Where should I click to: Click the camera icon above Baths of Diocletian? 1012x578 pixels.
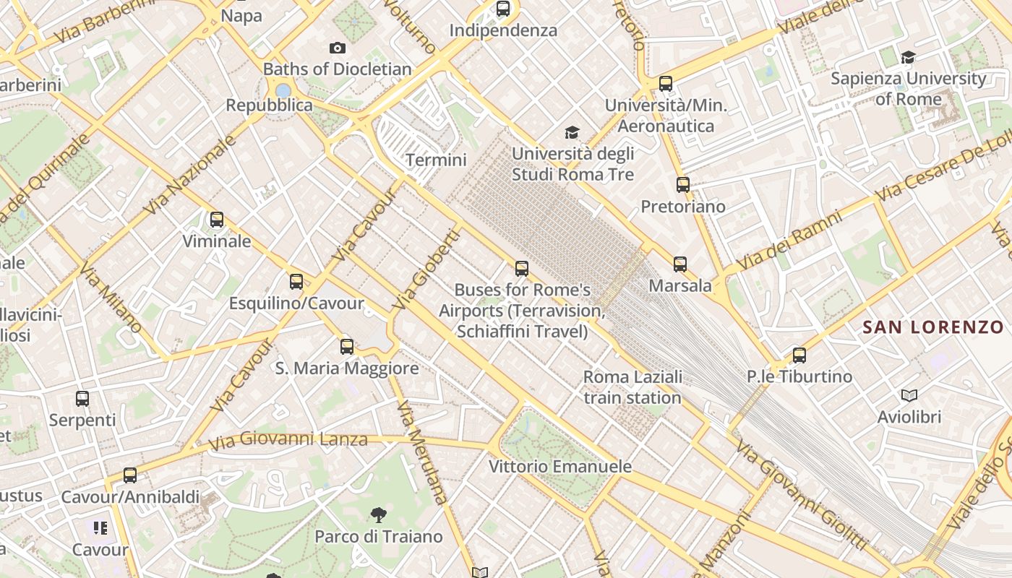pyautogui.click(x=337, y=48)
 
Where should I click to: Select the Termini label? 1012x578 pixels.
pyautogui.click(x=437, y=160)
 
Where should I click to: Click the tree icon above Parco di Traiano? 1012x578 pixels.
pyautogui.click(x=378, y=515)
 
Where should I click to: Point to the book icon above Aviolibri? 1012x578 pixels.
pyautogui.click(x=909, y=395)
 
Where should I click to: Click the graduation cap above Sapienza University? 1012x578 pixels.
pyautogui.click(x=908, y=57)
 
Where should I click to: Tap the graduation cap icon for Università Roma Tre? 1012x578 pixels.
pyautogui.click(x=572, y=132)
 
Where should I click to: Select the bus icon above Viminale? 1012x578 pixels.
pyautogui.click(x=216, y=220)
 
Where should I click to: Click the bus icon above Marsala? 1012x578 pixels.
pyautogui.click(x=680, y=264)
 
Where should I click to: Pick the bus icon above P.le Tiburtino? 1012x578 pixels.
pyautogui.click(x=799, y=355)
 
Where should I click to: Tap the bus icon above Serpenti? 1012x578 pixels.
pyautogui.click(x=82, y=398)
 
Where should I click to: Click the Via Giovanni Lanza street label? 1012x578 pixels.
pyautogui.click(x=288, y=439)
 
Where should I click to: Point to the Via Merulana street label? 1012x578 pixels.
pyautogui.click(x=422, y=454)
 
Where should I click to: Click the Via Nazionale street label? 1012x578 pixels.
pyautogui.click(x=190, y=176)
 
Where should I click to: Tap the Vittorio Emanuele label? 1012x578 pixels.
pyautogui.click(x=560, y=466)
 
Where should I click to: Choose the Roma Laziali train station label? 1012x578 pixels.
pyautogui.click(x=632, y=387)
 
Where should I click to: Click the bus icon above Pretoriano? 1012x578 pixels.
pyautogui.click(x=683, y=185)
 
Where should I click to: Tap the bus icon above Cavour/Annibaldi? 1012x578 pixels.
pyautogui.click(x=130, y=475)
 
